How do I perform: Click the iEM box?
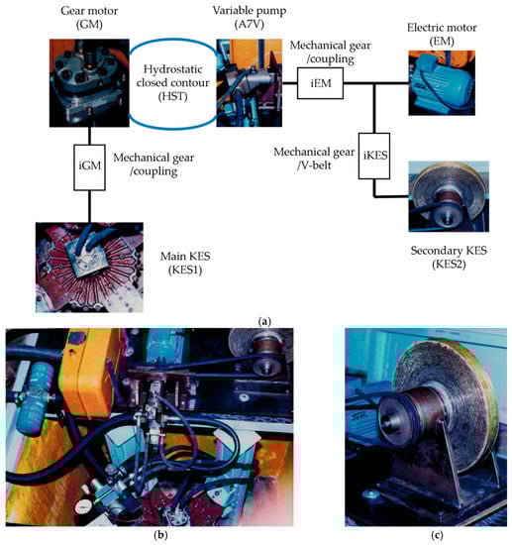pyautogui.click(x=320, y=83)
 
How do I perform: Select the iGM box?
pyautogui.click(x=89, y=167)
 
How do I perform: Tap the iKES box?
pyautogui.click(x=374, y=156)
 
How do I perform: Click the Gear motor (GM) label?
pyautogui.click(x=89, y=18)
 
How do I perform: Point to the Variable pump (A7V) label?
pyautogui.click(x=250, y=18)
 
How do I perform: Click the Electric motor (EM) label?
pyautogui.click(x=442, y=35)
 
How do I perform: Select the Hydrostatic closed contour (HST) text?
pyautogui.click(x=173, y=82)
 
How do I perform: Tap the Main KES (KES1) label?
pyautogui.click(x=185, y=263)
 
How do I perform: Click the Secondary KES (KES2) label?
pyautogui.click(x=449, y=258)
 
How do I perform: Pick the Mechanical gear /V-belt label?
pyautogui.click(x=314, y=159)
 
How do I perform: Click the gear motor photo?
pyautogui.click(x=89, y=83)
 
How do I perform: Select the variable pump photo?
pyautogui.click(x=250, y=83)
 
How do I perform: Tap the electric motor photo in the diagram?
pyautogui.click(x=442, y=83)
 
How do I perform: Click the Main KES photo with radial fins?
pyautogui.click(x=89, y=268)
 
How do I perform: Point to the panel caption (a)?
pyautogui.click(x=264, y=321)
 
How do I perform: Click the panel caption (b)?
pyautogui.click(x=160, y=534)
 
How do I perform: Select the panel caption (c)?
pyautogui.click(x=437, y=534)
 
